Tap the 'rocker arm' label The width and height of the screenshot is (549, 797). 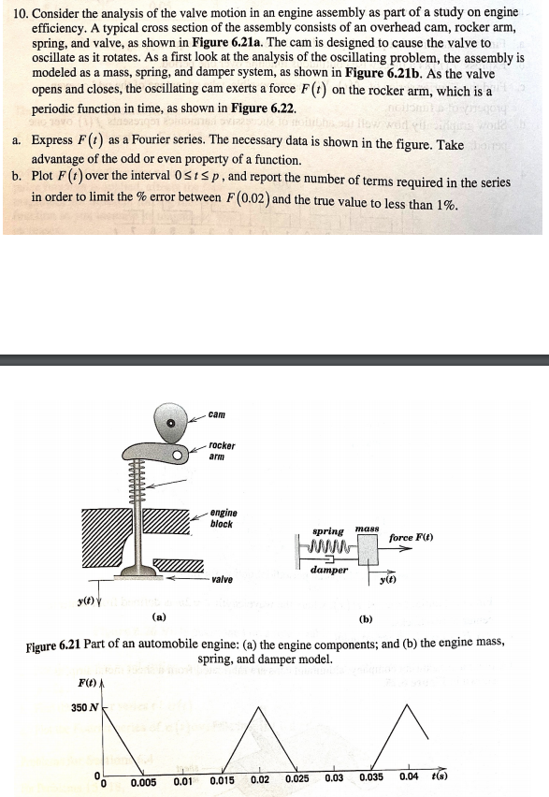[x=222, y=451]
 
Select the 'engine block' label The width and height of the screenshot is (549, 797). [x=224, y=518]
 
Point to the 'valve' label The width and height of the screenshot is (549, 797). [x=223, y=580]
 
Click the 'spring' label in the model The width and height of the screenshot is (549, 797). [x=327, y=530]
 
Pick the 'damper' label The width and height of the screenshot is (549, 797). [x=329, y=569]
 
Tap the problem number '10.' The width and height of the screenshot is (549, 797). [x=15, y=11]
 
